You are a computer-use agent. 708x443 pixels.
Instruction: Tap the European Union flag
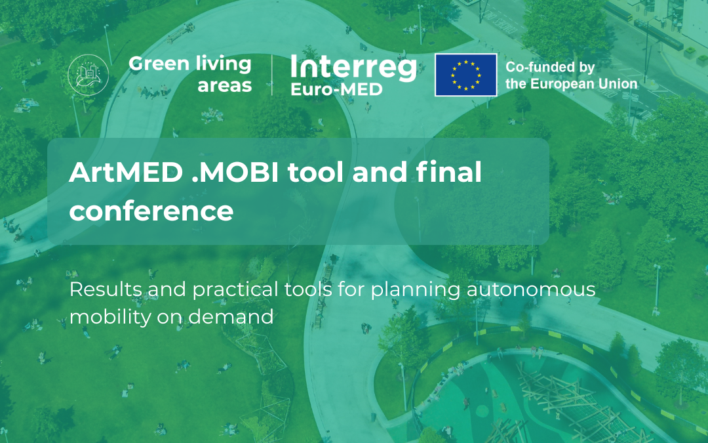tap(465, 75)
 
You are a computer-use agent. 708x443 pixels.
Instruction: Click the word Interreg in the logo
tap(353, 68)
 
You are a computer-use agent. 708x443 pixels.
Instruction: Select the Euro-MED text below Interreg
tap(336, 89)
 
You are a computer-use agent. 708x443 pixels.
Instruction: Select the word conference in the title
tap(151, 211)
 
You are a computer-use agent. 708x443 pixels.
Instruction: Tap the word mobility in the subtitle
tap(104, 316)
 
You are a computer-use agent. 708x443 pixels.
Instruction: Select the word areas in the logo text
tap(225, 85)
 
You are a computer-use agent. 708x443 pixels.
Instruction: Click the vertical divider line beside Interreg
tap(272, 75)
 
